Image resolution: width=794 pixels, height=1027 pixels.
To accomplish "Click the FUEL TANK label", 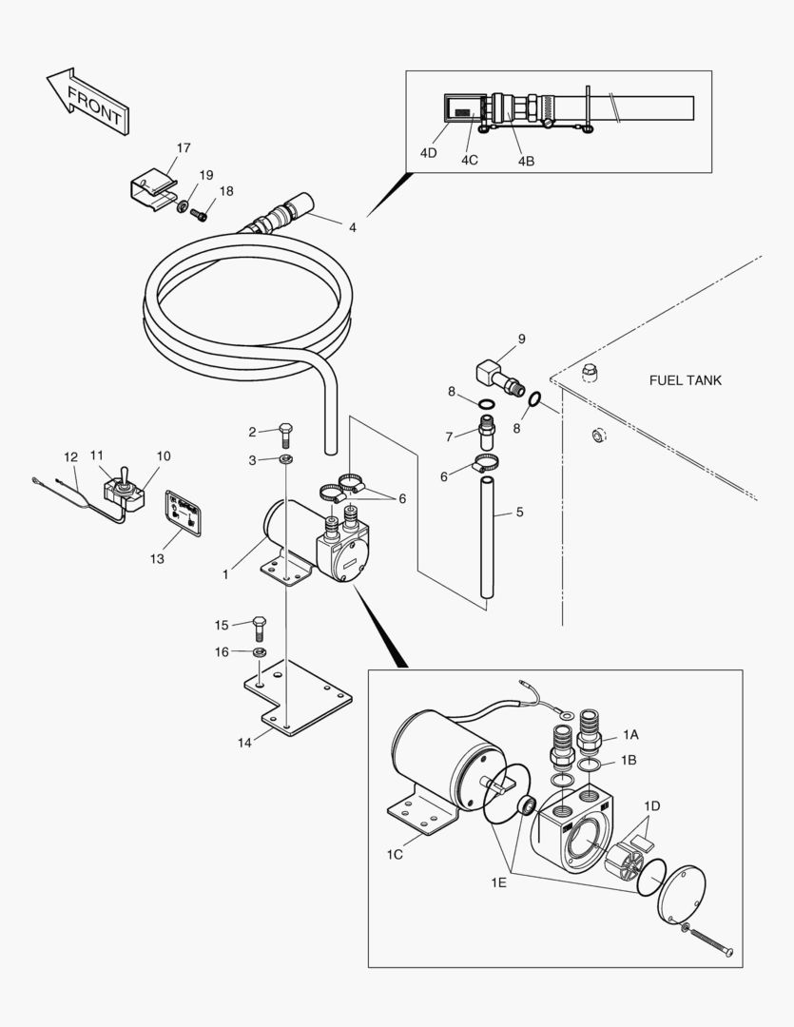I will tap(685, 380).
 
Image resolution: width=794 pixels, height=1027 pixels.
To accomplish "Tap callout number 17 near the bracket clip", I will tap(184, 147).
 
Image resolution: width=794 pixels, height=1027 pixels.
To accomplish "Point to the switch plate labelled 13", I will tap(184, 513).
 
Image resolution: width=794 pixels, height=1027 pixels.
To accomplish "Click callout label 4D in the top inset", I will tap(428, 152).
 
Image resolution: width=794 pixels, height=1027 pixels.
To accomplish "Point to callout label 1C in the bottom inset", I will tap(395, 854).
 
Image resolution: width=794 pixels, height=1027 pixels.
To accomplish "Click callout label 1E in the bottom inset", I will tap(499, 883).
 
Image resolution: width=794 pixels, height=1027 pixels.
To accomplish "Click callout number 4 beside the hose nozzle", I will tap(353, 228).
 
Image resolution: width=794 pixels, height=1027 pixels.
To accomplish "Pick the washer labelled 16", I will tap(258, 653).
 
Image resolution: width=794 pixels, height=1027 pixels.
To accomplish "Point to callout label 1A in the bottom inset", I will tap(631, 735).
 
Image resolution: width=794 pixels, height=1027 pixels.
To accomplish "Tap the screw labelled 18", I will tap(200, 214).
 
